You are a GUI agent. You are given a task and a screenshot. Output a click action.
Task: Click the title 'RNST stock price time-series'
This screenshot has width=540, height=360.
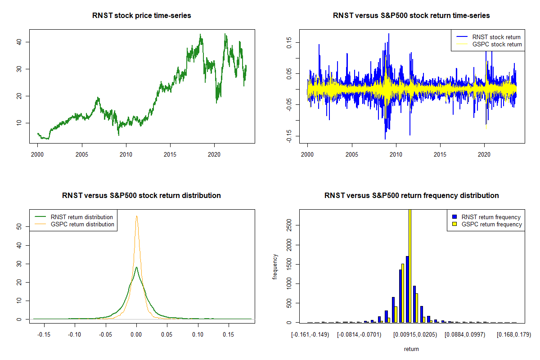coord(141,15)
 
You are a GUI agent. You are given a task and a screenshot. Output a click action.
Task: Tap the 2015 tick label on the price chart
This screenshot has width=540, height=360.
coord(170,154)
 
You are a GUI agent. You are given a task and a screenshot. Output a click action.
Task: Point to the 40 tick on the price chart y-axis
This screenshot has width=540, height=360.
coord(19,42)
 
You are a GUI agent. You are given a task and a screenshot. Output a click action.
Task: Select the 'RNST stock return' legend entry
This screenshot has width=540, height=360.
coord(488,37)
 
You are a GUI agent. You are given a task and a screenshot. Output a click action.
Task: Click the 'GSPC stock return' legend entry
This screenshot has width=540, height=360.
coord(489,44)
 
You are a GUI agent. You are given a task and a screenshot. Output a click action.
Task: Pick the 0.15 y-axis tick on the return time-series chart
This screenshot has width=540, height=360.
coord(289,43)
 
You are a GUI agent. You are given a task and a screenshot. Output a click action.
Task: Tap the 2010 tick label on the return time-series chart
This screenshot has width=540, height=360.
coord(396,154)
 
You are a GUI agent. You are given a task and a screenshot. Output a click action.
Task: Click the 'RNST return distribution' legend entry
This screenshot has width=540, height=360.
coord(74,217)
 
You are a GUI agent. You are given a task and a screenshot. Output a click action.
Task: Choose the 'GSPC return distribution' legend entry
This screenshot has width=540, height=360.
coord(75,224)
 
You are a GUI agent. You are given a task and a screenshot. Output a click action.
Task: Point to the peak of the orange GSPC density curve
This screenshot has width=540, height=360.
coord(137,216)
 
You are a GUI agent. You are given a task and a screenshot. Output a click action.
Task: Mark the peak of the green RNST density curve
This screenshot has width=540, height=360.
coord(136,267)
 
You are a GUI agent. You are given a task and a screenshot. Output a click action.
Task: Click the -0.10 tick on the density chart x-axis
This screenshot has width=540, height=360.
coord(75,334)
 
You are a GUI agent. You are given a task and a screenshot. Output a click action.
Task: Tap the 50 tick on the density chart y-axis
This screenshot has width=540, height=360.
coord(19,227)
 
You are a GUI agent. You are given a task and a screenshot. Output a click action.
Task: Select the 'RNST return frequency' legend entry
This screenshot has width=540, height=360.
coord(486,217)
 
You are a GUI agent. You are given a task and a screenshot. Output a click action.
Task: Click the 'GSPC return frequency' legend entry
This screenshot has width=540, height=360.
coord(487,224)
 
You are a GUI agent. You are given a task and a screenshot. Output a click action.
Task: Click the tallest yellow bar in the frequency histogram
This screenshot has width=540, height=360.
coord(410,266)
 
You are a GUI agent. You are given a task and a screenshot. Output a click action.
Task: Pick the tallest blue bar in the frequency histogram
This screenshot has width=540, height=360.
coord(407,289)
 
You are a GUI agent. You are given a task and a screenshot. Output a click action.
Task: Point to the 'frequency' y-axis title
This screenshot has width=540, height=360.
coord(275,266)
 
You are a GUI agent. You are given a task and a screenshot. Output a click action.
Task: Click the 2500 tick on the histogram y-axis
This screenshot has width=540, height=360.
coord(289,225)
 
